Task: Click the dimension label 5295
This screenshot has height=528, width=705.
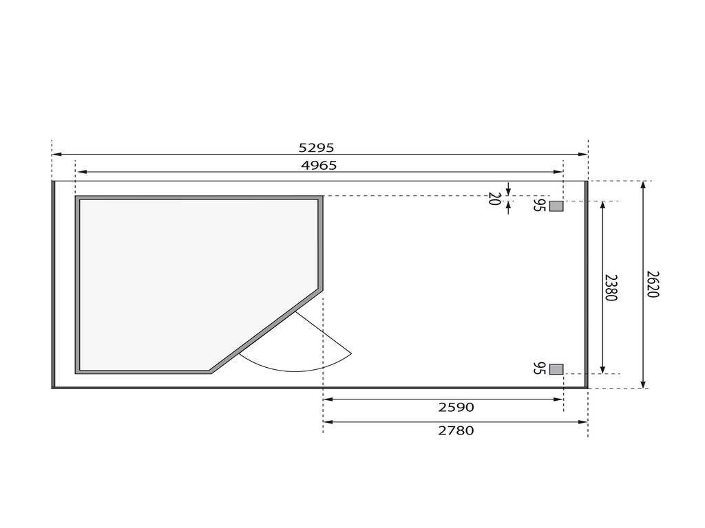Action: pyautogui.click(x=317, y=148)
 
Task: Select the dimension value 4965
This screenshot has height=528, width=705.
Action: pyautogui.click(x=319, y=166)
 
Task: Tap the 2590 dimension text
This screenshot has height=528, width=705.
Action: pyautogui.click(x=456, y=407)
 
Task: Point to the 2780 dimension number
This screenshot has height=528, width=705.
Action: pyautogui.click(x=456, y=430)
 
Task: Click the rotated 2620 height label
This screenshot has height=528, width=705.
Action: pyautogui.click(x=653, y=284)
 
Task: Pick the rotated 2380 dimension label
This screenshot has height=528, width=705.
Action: pyautogui.click(x=611, y=288)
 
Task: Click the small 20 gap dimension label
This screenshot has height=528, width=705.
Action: pyautogui.click(x=494, y=199)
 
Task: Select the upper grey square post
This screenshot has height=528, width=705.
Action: pyautogui.click(x=556, y=206)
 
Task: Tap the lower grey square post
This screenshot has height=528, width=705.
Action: pyautogui.click(x=556, y=369)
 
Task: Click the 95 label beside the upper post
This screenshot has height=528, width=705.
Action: pyautogui.click(x=539, y=205)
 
